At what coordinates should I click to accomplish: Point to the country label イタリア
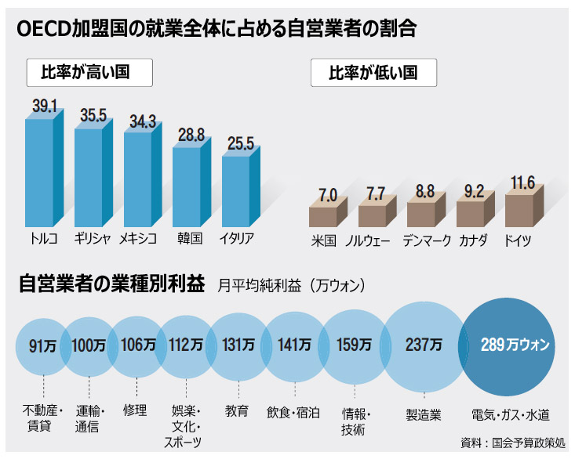click(x=236, y=239)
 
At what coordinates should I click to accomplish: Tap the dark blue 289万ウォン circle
click(x=515, y=345)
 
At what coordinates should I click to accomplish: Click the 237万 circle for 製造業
click(x=424, y=345)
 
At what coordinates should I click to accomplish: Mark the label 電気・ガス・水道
click(x=511, y=411)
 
